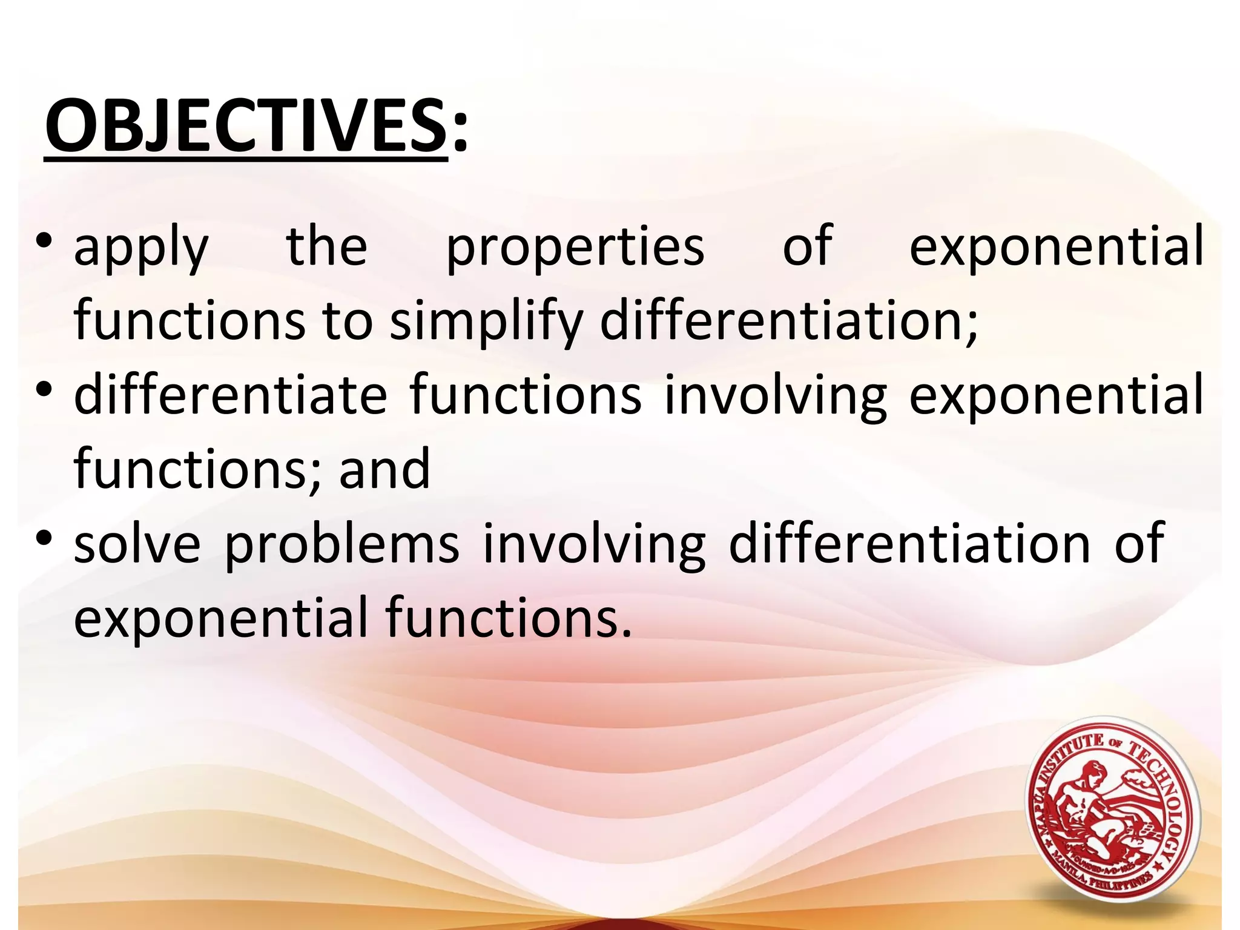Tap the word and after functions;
click(x=384, y=470)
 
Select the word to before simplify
click(x=346, y=322)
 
